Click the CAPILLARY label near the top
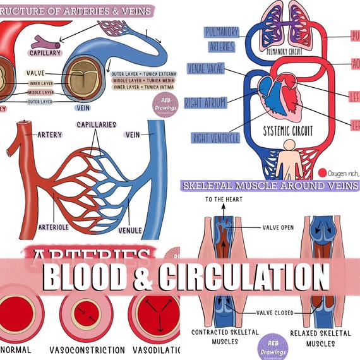coord(44,52)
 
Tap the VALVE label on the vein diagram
coord(35,73)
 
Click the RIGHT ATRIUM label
coord(205,103)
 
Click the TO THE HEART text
coord(220,200)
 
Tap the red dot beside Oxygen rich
coord(323,172)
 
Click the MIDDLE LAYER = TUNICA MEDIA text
coord(144,81)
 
